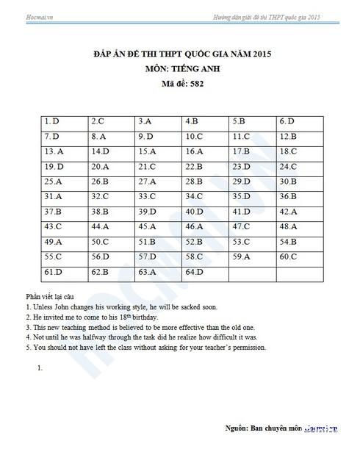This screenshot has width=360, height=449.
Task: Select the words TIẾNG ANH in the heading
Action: [193, 69]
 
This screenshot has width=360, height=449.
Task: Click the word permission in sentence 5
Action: [245, 348]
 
